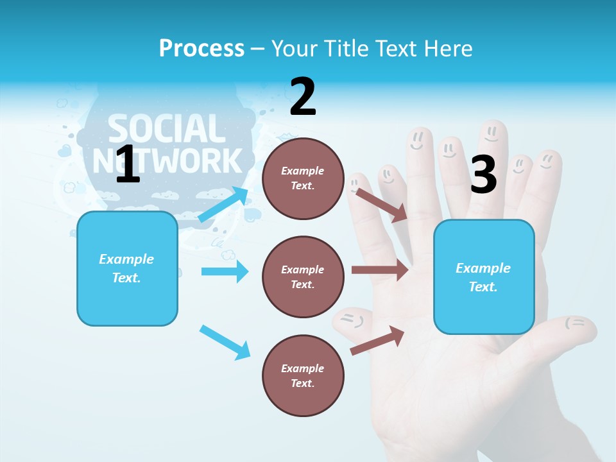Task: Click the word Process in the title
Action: click(201, 48)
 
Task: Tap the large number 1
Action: click(128, 164)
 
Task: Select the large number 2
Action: click(303, 97)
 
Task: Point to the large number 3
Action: click(483, 175)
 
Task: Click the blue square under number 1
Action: click(127, 268)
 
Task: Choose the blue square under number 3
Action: click(484, 277)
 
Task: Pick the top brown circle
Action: click(303, 178)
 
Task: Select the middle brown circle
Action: click(303, 277)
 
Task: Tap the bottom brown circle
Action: click(303, 375)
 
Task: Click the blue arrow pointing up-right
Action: click(223, 205)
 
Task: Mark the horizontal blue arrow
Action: click(225, 271)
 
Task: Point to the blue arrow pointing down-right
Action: click(225, 342)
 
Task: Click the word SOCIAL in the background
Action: click(166, 128)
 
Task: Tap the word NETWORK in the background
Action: click(168, 160)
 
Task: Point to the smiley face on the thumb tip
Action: click(576, 323)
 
